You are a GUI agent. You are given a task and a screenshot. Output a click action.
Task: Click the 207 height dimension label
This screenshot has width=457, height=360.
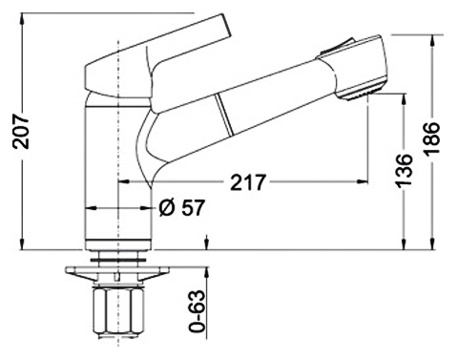21,132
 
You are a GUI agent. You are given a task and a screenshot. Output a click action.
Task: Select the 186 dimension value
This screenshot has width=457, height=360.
432,138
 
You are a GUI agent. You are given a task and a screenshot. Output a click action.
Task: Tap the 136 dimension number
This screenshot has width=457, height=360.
405,171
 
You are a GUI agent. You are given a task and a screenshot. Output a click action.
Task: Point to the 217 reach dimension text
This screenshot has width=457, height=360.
247,182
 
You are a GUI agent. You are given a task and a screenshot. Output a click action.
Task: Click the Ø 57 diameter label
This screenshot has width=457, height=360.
181,208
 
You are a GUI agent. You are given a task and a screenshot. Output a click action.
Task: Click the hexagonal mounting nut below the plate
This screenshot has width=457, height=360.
118,311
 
